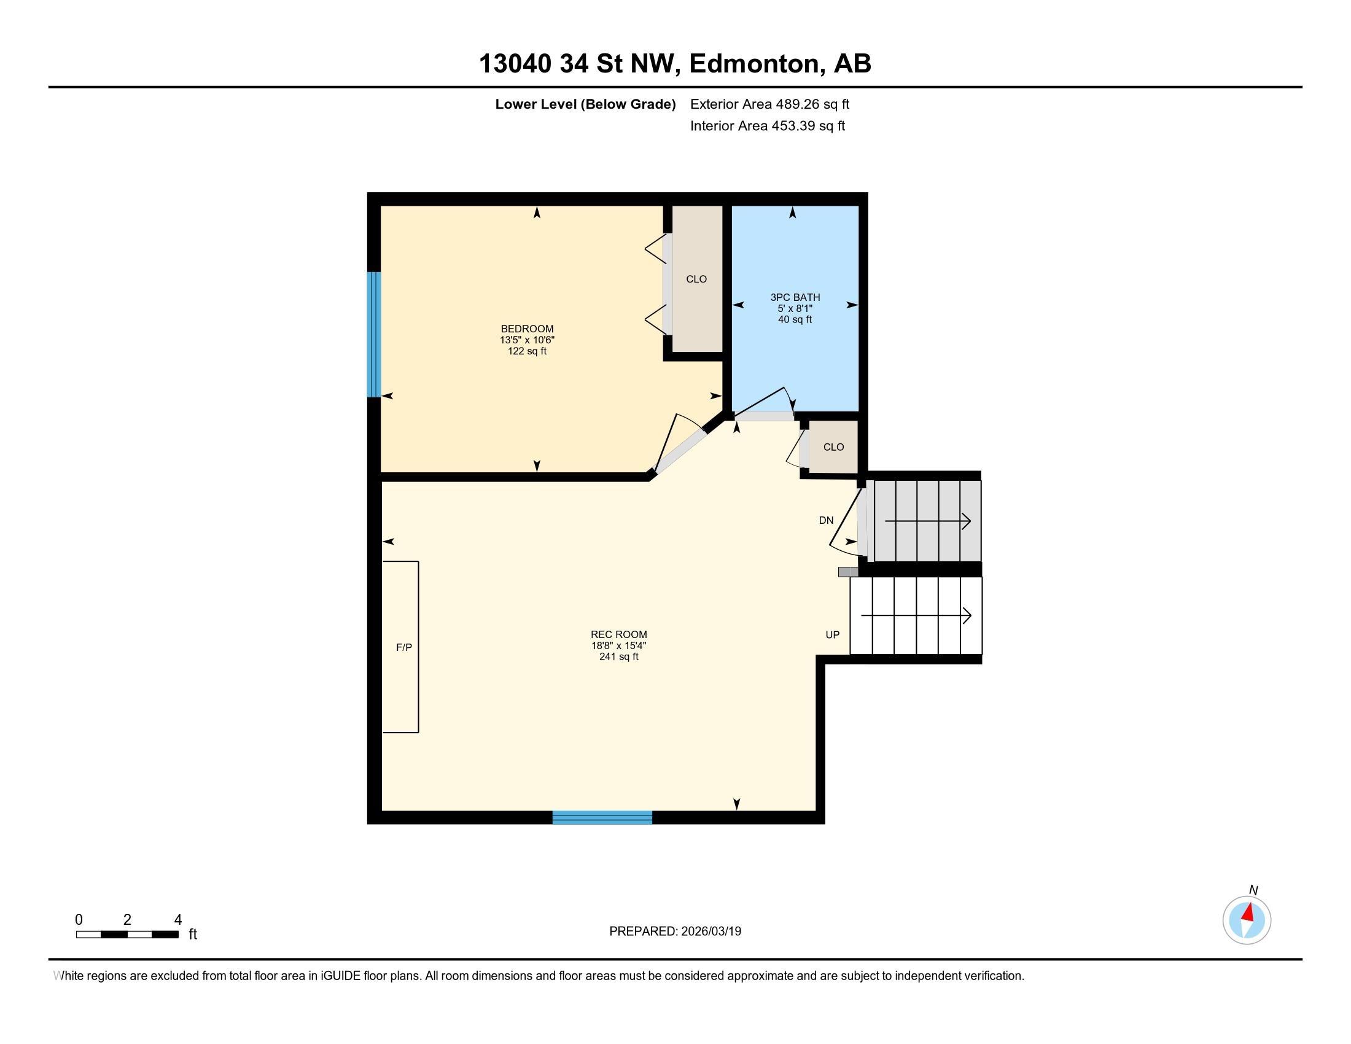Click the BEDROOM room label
click(527, 329)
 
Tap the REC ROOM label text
click(618, 634)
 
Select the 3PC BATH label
click(795, 297)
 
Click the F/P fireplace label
click(404, 647)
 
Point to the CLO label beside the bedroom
click(696, 279)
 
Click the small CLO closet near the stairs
click(833, 447)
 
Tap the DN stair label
click(826, 521)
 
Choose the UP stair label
click(833, 635)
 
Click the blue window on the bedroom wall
click(373, 334)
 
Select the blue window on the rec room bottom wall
click(602, 817)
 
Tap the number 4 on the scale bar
click(178, 920)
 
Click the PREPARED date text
click(675, 932)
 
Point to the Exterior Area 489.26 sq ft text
click(769, 104)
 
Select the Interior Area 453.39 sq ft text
click(767, 126)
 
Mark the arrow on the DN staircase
click(928, 522)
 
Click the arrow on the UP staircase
click(916, 616)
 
